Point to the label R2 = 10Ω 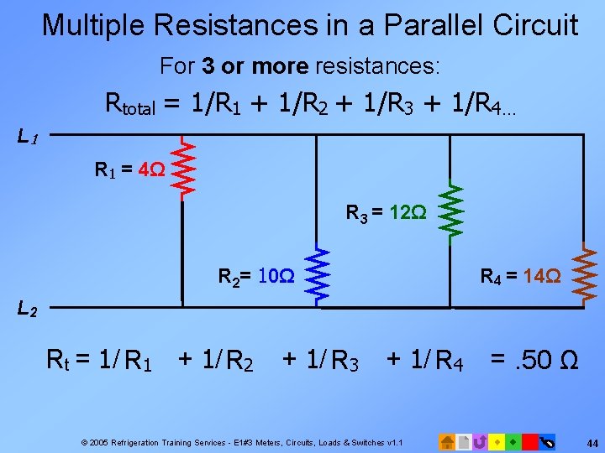pos(255,275)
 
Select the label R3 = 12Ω pos(386,213)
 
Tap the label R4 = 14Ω pos(519,275)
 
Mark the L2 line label pos(27,310)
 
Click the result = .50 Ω pos(534,362)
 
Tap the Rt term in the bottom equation pos(56,362)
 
